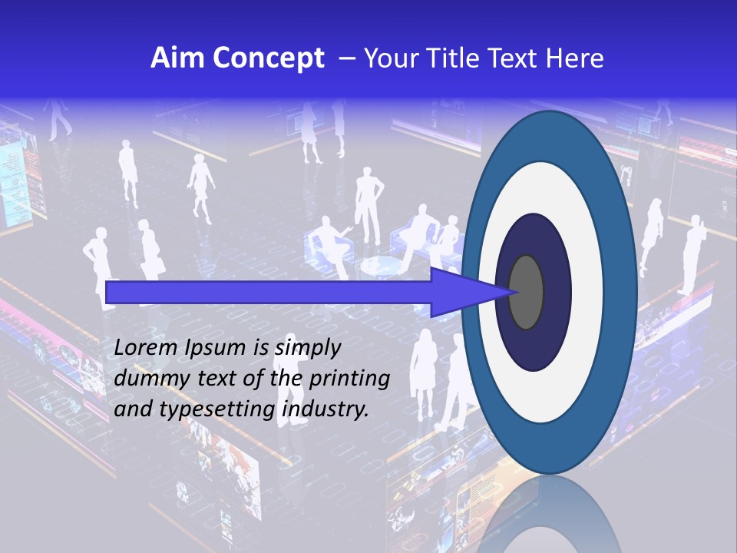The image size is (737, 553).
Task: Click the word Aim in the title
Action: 171,58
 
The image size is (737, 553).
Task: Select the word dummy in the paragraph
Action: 147,379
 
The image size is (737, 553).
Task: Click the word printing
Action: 349,379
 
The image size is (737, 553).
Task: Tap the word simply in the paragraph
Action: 307,348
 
